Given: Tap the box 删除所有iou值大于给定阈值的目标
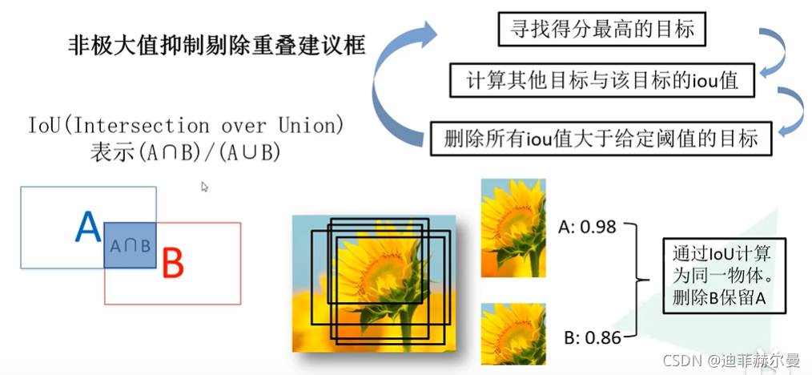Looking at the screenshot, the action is [601, 139].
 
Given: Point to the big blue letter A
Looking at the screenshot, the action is [87, 228].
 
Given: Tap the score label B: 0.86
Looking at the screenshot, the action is [592, 337].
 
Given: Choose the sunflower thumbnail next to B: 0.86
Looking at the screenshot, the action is [513, 333].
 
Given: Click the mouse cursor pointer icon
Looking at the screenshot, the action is [205, 187].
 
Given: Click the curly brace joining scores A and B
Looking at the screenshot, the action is [639, 280].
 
